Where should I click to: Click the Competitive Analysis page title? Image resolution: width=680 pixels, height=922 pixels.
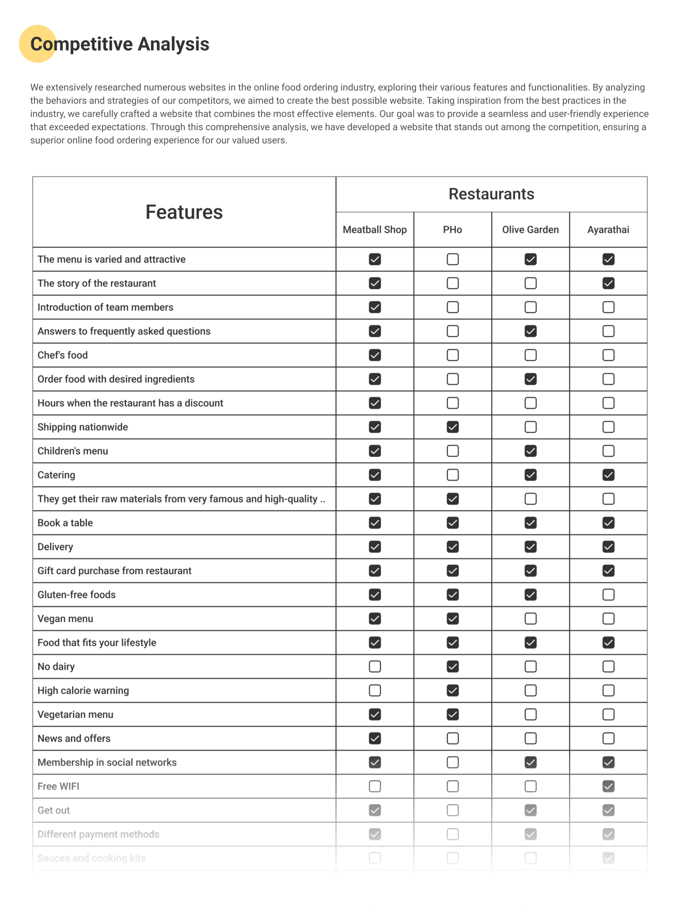[x=119, y=44]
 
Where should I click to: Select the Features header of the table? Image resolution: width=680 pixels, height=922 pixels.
[x=184, y=212]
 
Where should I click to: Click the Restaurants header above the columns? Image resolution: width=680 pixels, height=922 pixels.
[x=491, y=194]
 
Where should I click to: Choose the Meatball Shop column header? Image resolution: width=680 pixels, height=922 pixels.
[x=374, y=230]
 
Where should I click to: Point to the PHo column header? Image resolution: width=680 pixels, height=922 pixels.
[x=452, y=230]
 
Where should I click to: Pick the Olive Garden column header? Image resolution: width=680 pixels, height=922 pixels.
[x=530, y=230]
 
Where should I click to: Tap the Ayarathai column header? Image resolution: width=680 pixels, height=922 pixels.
[x=608, y=230]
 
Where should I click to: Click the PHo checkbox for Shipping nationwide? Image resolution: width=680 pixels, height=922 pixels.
[x=452, y=427]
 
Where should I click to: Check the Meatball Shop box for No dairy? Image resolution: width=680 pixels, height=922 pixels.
[x=374, y=667]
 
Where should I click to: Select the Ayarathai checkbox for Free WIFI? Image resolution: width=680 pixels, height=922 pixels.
[x=608, y=787]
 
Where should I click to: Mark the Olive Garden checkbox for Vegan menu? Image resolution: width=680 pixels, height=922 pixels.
[x=530, y=618]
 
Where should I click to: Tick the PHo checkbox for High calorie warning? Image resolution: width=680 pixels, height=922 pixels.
[x=452, y=691]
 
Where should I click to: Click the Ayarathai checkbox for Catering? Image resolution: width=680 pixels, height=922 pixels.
[x=608, y=475]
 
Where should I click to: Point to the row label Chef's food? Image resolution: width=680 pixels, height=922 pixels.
[x=63, y=355]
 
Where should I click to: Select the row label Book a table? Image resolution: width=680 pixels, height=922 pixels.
[x=65, y=523]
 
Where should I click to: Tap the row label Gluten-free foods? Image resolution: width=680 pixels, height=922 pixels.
[x=76, y=595]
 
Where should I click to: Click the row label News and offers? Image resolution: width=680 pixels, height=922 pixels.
[x=74, y=738]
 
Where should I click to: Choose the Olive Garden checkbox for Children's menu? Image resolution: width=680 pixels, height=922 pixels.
[x=530, y=451]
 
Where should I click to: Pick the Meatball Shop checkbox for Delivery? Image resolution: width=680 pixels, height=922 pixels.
[x=374, y=547]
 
